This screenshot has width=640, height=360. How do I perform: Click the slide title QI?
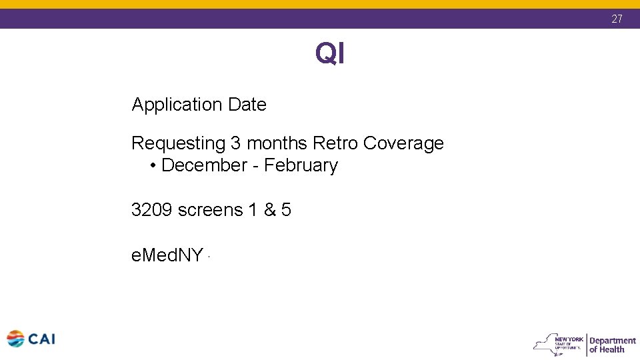point(330,53)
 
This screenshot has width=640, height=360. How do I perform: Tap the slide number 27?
point(617,19)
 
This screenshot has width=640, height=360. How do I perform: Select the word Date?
point(247,105)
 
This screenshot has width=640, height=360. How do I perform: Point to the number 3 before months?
point(237,143)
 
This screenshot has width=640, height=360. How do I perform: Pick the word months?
point(277,143)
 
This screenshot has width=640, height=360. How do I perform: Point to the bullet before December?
point(153,166)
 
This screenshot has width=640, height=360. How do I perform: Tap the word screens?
point(210,210)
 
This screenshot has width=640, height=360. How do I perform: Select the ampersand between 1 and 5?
point(269,210)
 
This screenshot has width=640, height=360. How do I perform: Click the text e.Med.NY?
point(167,255)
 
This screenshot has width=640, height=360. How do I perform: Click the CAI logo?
point(31,339)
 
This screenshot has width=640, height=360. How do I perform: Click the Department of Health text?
point(612,345)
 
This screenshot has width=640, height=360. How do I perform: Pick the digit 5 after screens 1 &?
point(286,210)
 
